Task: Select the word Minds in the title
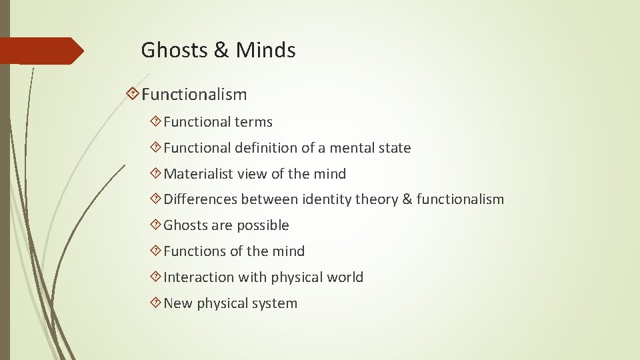[266, 50]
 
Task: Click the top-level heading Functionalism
[194, 95]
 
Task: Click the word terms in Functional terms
[253, 122]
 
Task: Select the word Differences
[200, 199]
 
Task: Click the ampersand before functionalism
[407, 199]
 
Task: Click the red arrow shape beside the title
[40, 51]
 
